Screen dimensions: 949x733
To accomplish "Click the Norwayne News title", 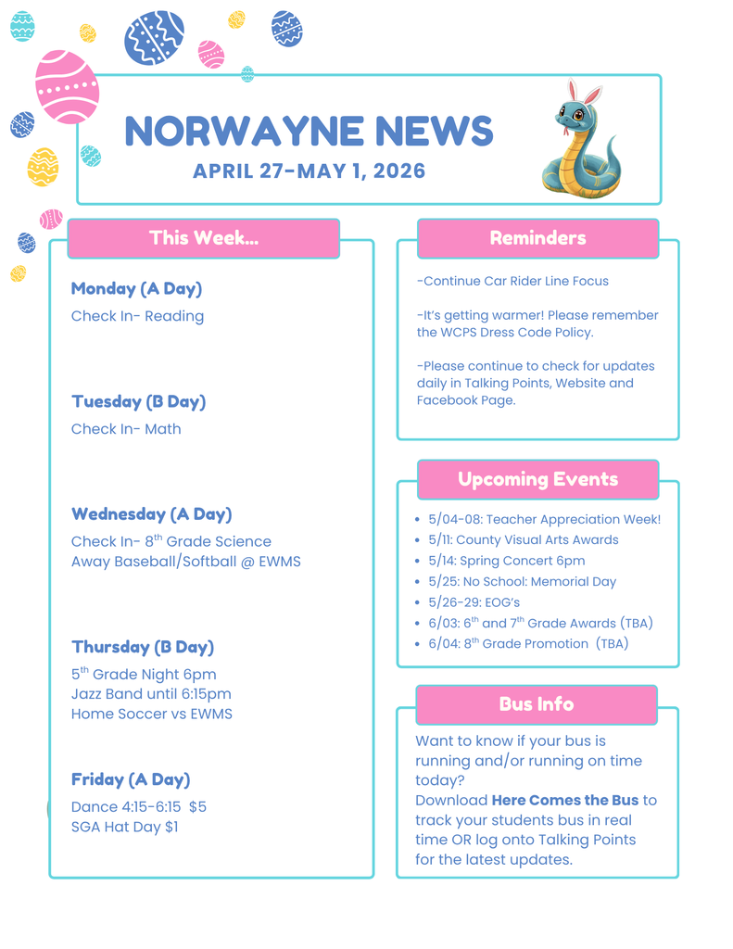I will [309, 132].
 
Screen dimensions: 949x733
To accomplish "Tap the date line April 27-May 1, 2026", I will [309, 171].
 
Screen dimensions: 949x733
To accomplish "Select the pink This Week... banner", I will [204, 238].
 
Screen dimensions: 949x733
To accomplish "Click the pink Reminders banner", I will [537, 238].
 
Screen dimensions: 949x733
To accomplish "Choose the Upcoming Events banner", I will [537, 479].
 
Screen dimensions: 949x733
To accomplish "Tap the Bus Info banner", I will [536, 704].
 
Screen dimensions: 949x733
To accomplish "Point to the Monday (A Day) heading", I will [136, 288].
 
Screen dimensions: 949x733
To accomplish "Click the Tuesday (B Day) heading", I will [138, 401].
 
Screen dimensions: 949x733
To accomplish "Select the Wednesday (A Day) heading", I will [151, 513].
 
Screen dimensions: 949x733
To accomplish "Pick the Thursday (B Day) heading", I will [143, 647].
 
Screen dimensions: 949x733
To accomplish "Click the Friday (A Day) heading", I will [131, 779].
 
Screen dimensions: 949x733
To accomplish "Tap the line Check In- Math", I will [126, 429].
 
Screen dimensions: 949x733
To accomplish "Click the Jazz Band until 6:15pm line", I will [151, 694].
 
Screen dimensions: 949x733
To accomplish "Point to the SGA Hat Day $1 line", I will [124, 827].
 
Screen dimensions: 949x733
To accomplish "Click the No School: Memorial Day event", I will [522, 582].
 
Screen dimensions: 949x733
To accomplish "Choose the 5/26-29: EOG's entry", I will [474, 602].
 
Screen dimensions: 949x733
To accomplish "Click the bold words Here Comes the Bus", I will [564, 800].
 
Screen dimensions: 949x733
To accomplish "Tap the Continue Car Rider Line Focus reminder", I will [512, 281].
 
